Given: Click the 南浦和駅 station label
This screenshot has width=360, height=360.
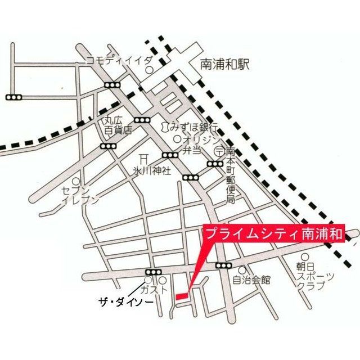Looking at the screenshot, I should point(224,65).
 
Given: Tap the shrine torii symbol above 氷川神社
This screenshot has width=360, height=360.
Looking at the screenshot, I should point(145,157).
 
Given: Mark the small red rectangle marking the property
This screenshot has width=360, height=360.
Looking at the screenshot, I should point(182,295).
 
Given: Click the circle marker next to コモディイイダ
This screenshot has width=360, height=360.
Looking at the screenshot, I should point(149,70).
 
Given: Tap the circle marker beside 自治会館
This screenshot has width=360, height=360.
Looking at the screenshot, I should point(242,269).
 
